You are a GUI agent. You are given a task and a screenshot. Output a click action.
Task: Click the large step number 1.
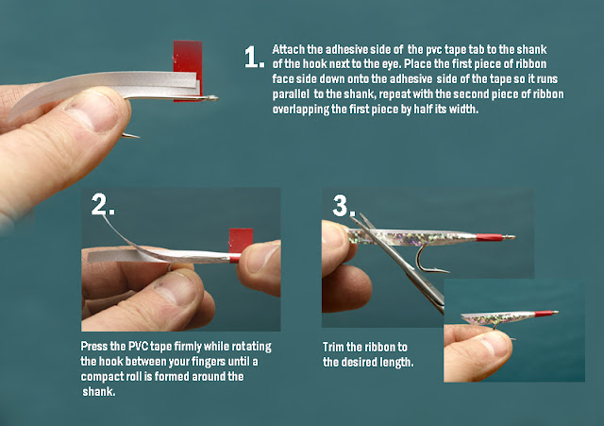click(252, 58)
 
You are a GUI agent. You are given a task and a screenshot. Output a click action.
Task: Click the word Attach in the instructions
click(287, 48)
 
